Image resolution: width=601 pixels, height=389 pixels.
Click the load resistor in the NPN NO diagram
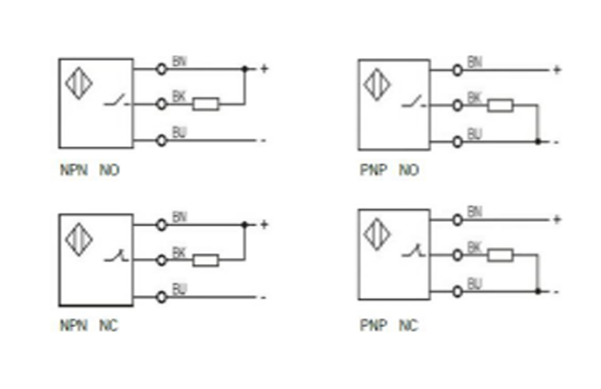[x=206, y=105]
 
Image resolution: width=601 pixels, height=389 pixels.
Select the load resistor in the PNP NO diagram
[x=501, y=105]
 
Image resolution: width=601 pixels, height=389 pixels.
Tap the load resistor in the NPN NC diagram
[x=206, y=260]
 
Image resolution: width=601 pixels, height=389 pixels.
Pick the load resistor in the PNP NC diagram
[x=501, y=255]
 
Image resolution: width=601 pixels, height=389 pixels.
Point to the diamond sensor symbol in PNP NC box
[x=376, y=232]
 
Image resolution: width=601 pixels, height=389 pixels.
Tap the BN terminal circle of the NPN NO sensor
[x=161, y=68]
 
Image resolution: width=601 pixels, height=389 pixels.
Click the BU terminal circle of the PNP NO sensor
[x=458, y=142]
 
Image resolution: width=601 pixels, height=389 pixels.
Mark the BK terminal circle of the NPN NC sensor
[x=161, y=260]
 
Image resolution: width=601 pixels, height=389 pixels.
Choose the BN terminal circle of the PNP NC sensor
[x=458, y=219]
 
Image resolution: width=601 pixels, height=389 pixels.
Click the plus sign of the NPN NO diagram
[x=263, y=68]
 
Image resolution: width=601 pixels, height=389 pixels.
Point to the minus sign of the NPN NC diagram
[x=263, y=297]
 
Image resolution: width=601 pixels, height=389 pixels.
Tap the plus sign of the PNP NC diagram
[x=557, y=219]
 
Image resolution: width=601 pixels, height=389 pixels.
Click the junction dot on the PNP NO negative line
[x=538, y=142]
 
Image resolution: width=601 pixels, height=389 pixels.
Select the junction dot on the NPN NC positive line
[x=245, y=224]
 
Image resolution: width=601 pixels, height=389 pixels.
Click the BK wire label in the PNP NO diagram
[x=474, y=99]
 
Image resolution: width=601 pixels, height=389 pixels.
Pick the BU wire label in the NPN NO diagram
[x=179, y=132]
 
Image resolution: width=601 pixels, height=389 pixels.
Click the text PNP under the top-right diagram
[x=371, y=170]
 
